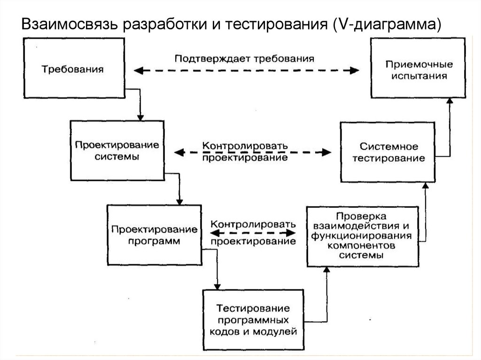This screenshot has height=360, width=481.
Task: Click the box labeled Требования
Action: click(72, 69)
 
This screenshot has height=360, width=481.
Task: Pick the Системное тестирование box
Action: click(388, 152)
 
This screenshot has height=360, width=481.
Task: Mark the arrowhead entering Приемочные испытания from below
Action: click(450, 100)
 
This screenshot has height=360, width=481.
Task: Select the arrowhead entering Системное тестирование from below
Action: click(426, 186)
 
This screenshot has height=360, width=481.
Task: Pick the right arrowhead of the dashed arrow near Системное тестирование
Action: click(327, 152)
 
